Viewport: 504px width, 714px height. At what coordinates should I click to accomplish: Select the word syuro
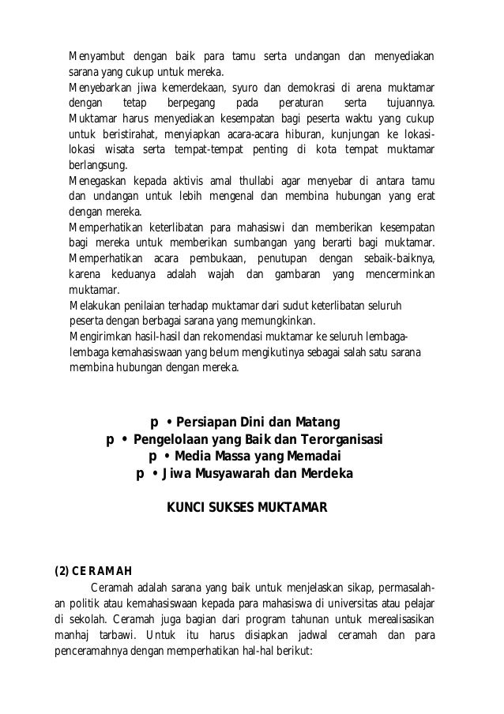pos(263,86)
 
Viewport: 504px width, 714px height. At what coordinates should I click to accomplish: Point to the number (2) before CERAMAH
pos(61,571)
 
